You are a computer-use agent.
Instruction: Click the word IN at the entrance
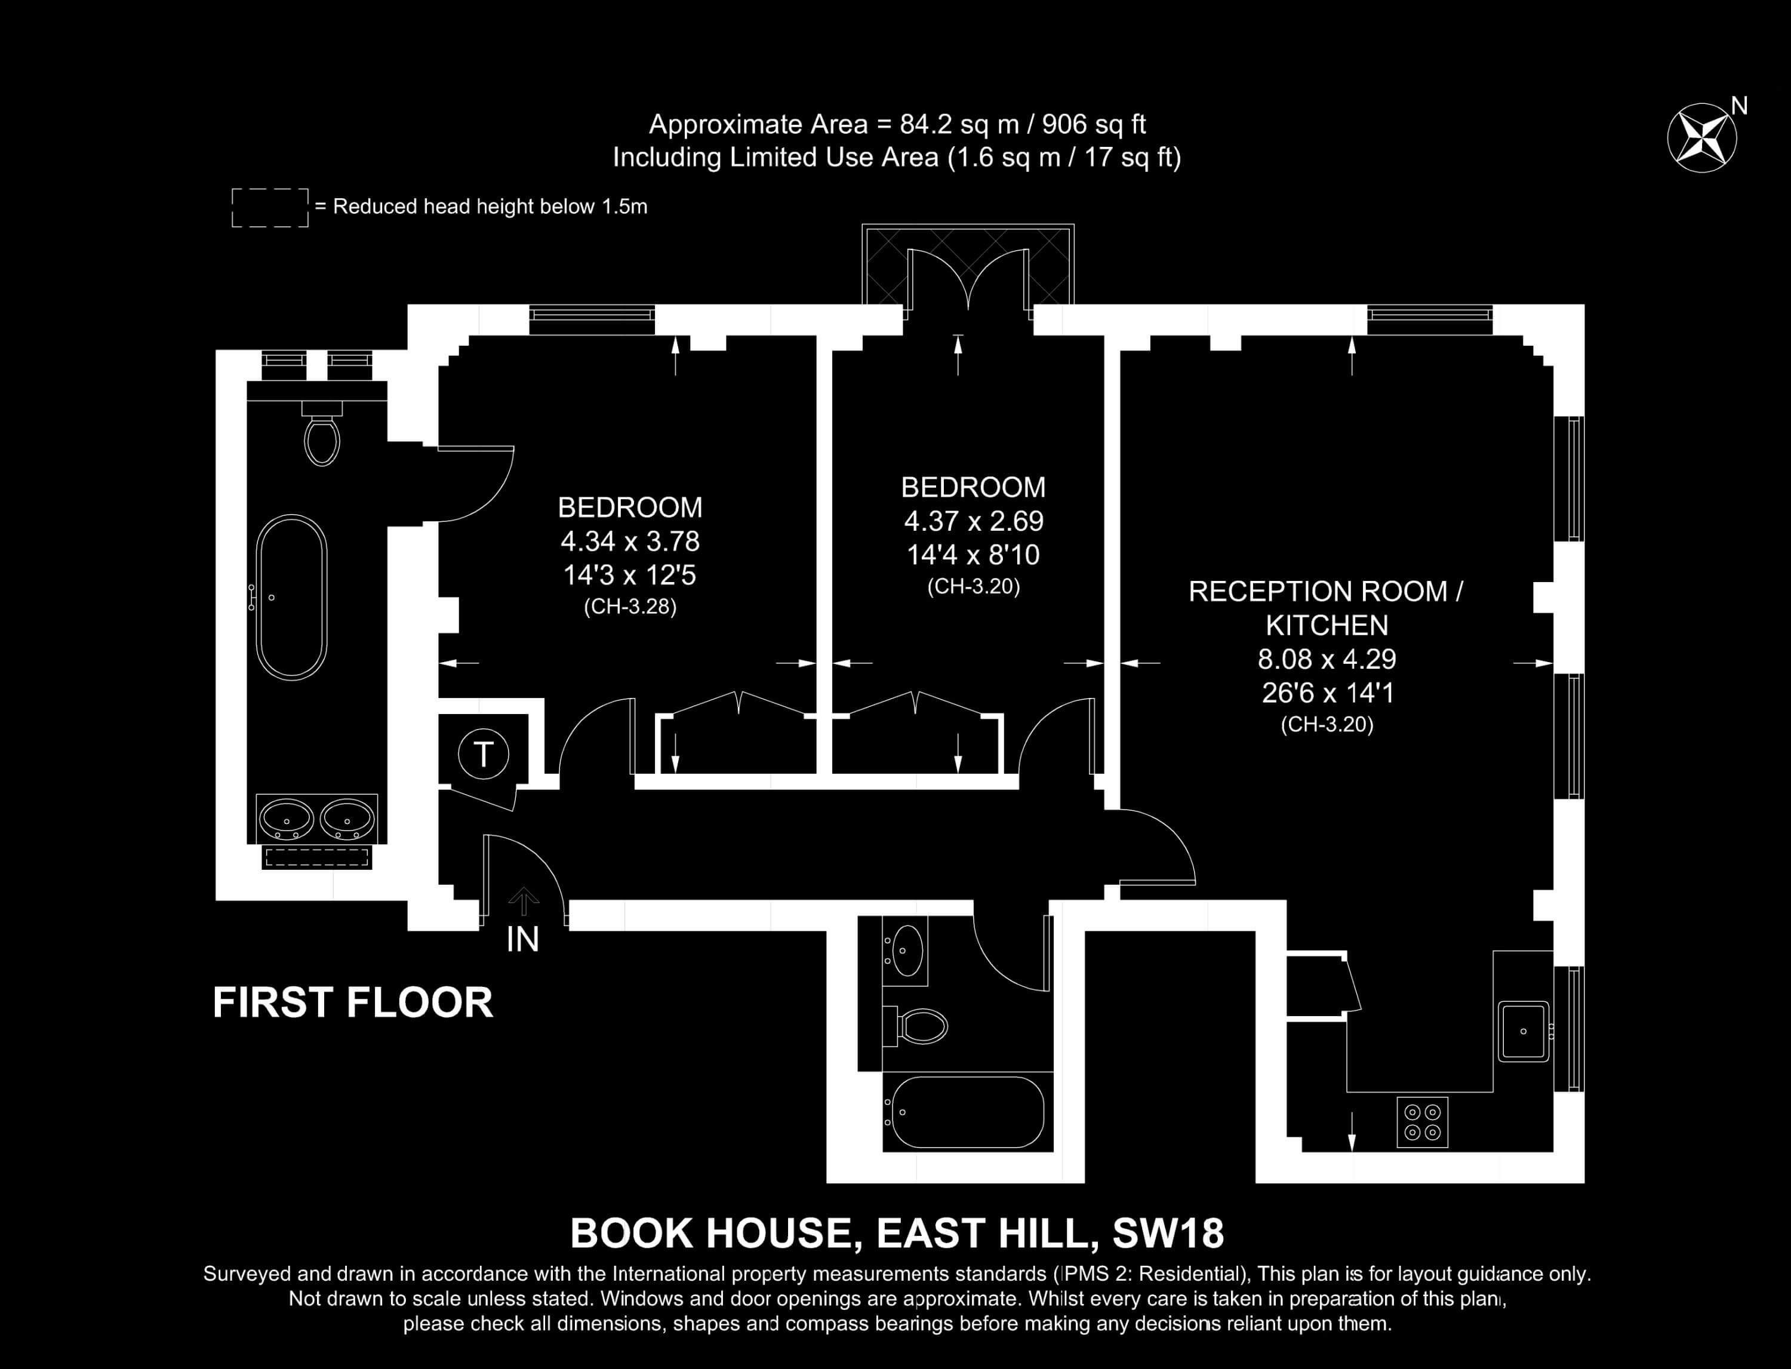[x=522, y=940]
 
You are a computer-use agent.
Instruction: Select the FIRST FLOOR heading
[x=353, y=1002]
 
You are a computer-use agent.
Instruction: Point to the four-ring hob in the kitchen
[x=1423, y=1122]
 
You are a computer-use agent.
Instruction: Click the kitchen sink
[x=1523, y=1031]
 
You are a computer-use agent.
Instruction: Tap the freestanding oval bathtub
[x=292, y=597]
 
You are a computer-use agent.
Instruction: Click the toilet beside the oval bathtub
[x=322, y=433]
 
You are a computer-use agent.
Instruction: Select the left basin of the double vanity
[x=285, y=818]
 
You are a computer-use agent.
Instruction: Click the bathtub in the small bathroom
[x=967, y=1112]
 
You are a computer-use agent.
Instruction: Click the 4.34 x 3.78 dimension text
[x=630, y=541]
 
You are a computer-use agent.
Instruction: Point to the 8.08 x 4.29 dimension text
[x=1327, y=659]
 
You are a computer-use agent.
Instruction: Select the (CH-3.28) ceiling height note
[x=630, y=607]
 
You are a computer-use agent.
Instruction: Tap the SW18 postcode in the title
[x=1168, y=1233]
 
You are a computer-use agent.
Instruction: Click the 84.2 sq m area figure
[x=959, y=125]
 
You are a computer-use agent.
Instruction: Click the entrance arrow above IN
[x=523, y=902]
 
